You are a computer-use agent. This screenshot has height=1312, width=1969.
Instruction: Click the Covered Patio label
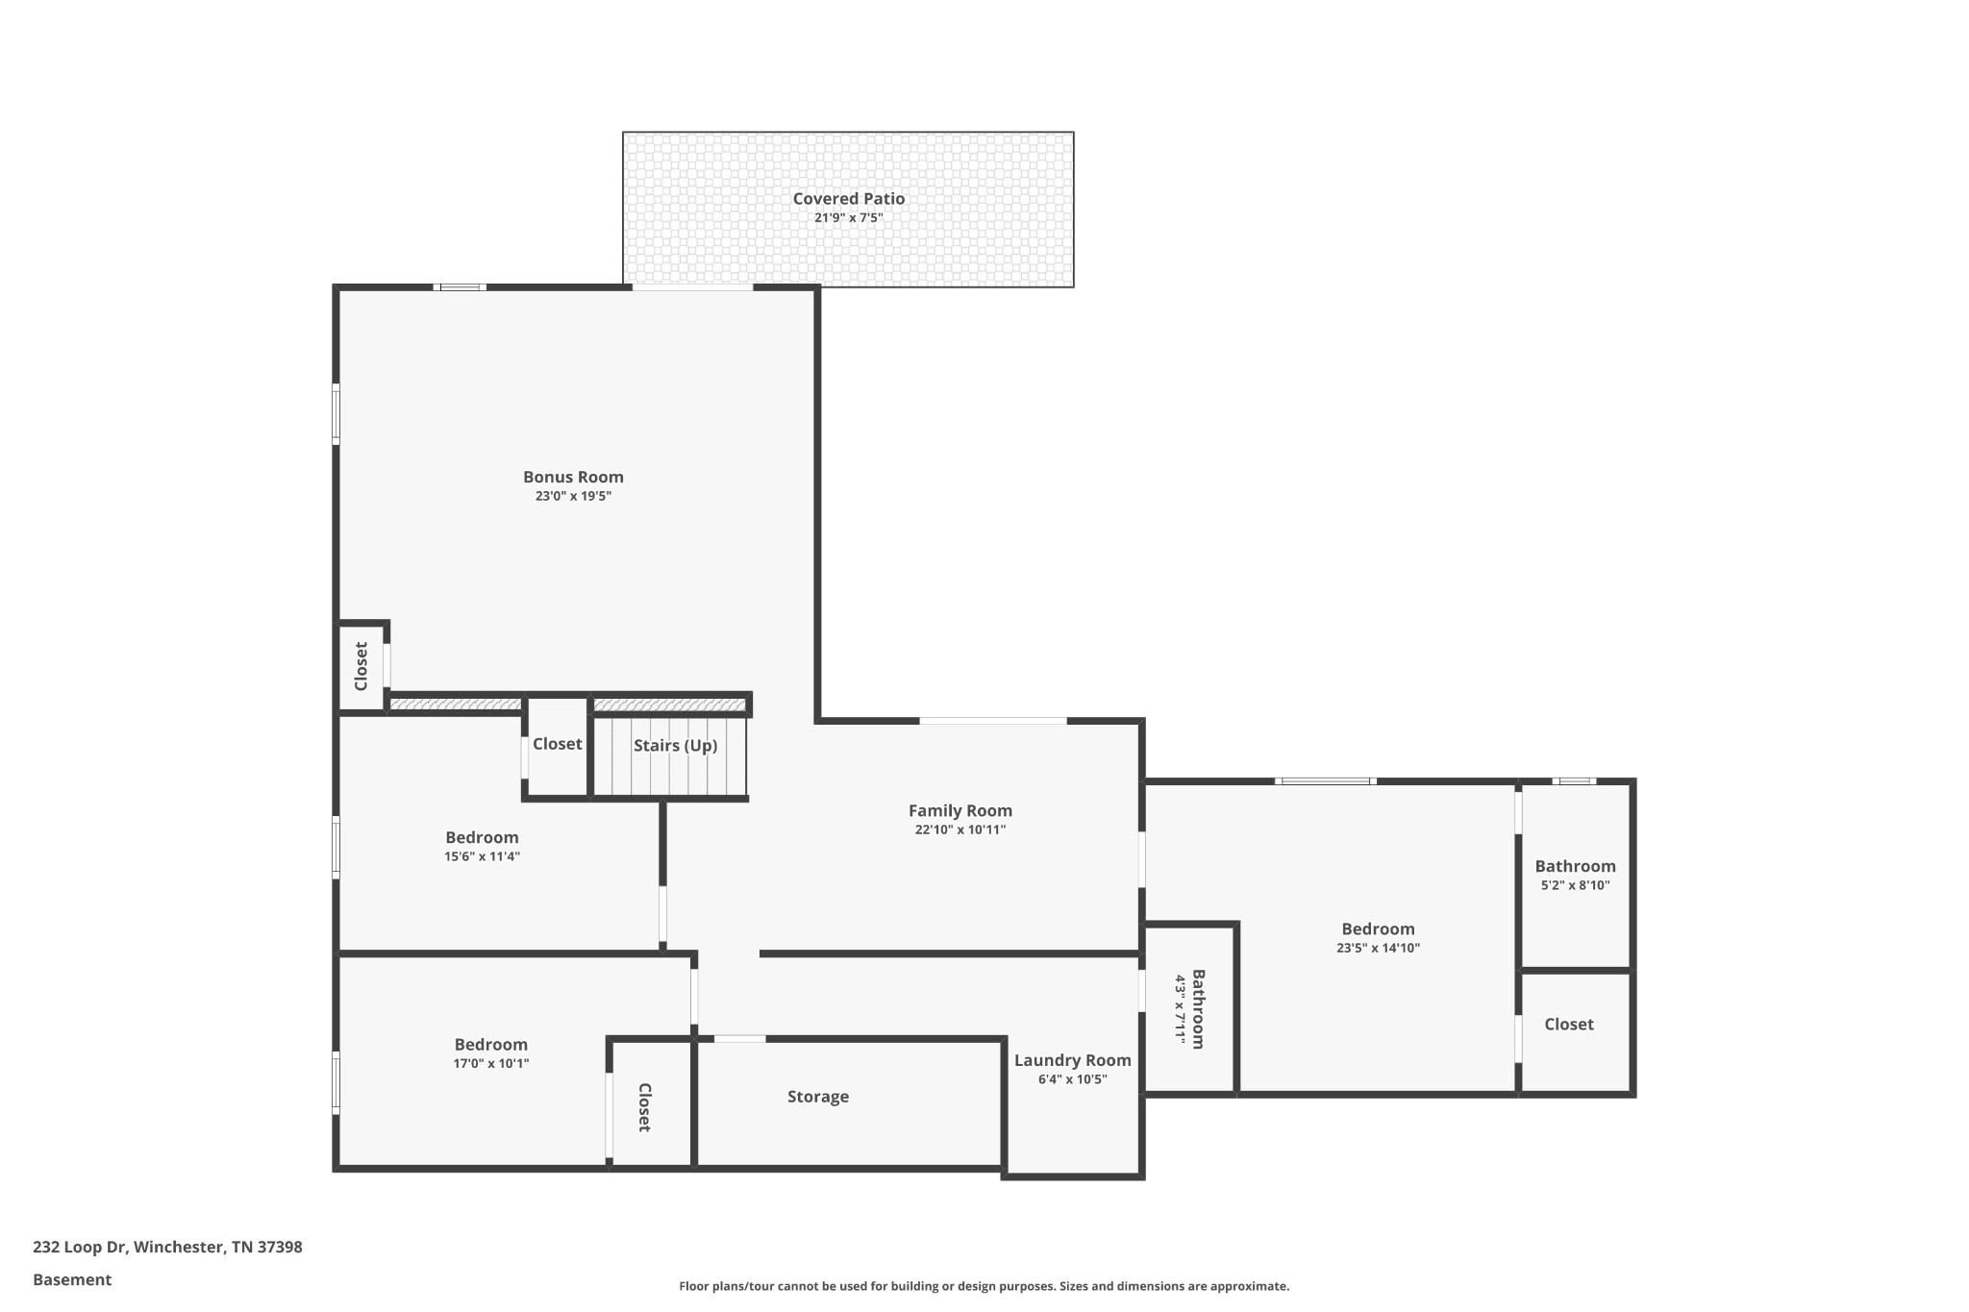click(848, 199)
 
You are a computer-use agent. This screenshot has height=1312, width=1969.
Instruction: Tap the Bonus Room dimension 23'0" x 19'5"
click(573, 497)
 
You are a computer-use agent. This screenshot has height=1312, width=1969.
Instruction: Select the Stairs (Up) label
click(675, 746)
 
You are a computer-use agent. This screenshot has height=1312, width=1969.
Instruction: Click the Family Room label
click(960, 811)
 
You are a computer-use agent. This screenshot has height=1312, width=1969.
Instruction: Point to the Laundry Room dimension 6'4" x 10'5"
click(1072, 1079)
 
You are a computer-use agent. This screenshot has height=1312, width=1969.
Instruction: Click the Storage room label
click(817, 1097)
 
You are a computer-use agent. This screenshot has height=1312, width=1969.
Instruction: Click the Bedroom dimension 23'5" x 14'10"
click(1378, 948)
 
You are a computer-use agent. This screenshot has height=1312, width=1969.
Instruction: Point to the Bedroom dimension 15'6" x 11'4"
click(482, 856)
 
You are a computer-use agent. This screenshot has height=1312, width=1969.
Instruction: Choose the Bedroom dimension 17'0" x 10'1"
click(490, 1064)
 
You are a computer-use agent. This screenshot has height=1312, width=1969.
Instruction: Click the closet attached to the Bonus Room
click(361, 666)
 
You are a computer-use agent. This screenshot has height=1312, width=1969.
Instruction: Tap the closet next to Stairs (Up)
click(557, 744)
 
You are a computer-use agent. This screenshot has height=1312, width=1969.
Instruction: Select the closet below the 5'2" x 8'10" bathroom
click(1568, 1025)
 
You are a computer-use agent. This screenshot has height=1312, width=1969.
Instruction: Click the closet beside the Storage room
click(645, 1106)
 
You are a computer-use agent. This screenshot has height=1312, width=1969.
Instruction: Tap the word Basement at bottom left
click(72, 1280)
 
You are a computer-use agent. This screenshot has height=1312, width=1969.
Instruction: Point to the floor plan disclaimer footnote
click(984, 1286)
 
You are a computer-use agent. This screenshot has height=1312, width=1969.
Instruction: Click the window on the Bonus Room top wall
click(460, 287)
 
